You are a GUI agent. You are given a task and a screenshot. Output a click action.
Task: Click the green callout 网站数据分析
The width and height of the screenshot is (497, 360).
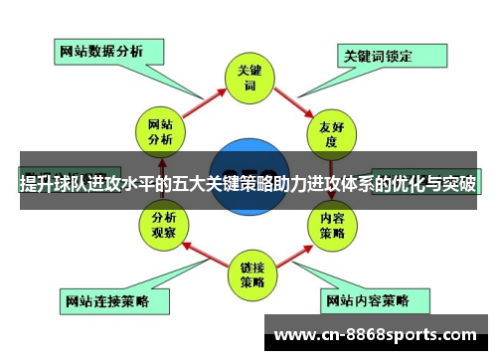[101, 50]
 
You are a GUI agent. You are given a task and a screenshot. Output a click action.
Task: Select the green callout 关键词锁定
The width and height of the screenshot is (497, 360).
[378, 55]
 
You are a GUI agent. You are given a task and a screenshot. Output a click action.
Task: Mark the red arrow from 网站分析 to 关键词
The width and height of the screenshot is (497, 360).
[204, 101]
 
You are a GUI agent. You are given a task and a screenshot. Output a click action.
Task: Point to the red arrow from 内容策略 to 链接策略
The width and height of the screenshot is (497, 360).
[294, 254]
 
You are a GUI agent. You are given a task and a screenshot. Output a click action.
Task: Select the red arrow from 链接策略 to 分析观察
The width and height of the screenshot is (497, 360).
[203, 254]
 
